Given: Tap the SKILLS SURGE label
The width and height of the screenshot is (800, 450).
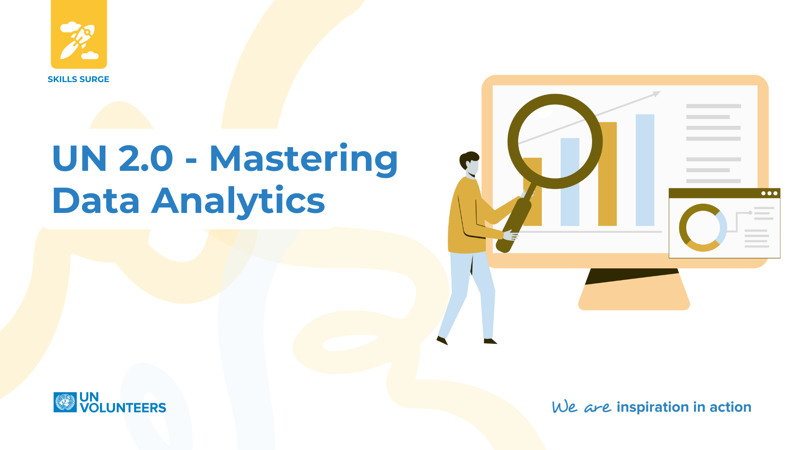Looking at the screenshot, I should (78, 79).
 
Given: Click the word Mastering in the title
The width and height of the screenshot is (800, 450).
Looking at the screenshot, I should (304, 159).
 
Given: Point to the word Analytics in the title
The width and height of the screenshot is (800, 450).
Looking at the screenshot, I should (238, 201).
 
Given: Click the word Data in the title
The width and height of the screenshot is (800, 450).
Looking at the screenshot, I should (96, 201).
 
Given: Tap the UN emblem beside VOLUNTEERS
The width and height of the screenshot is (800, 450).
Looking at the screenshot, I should (65, 402).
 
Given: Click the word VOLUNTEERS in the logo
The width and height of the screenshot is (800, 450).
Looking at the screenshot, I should (123, 407).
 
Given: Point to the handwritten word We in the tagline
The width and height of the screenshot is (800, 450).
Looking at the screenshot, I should (565, 407).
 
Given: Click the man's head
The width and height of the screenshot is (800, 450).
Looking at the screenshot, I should (470, 164).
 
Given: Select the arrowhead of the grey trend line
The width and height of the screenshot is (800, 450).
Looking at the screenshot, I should (657, 94).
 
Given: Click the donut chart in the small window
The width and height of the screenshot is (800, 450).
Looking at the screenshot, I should (703, 227).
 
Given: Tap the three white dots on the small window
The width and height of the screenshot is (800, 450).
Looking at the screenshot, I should (769, 193).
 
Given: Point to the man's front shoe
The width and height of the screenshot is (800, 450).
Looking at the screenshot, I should (490, 341).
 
